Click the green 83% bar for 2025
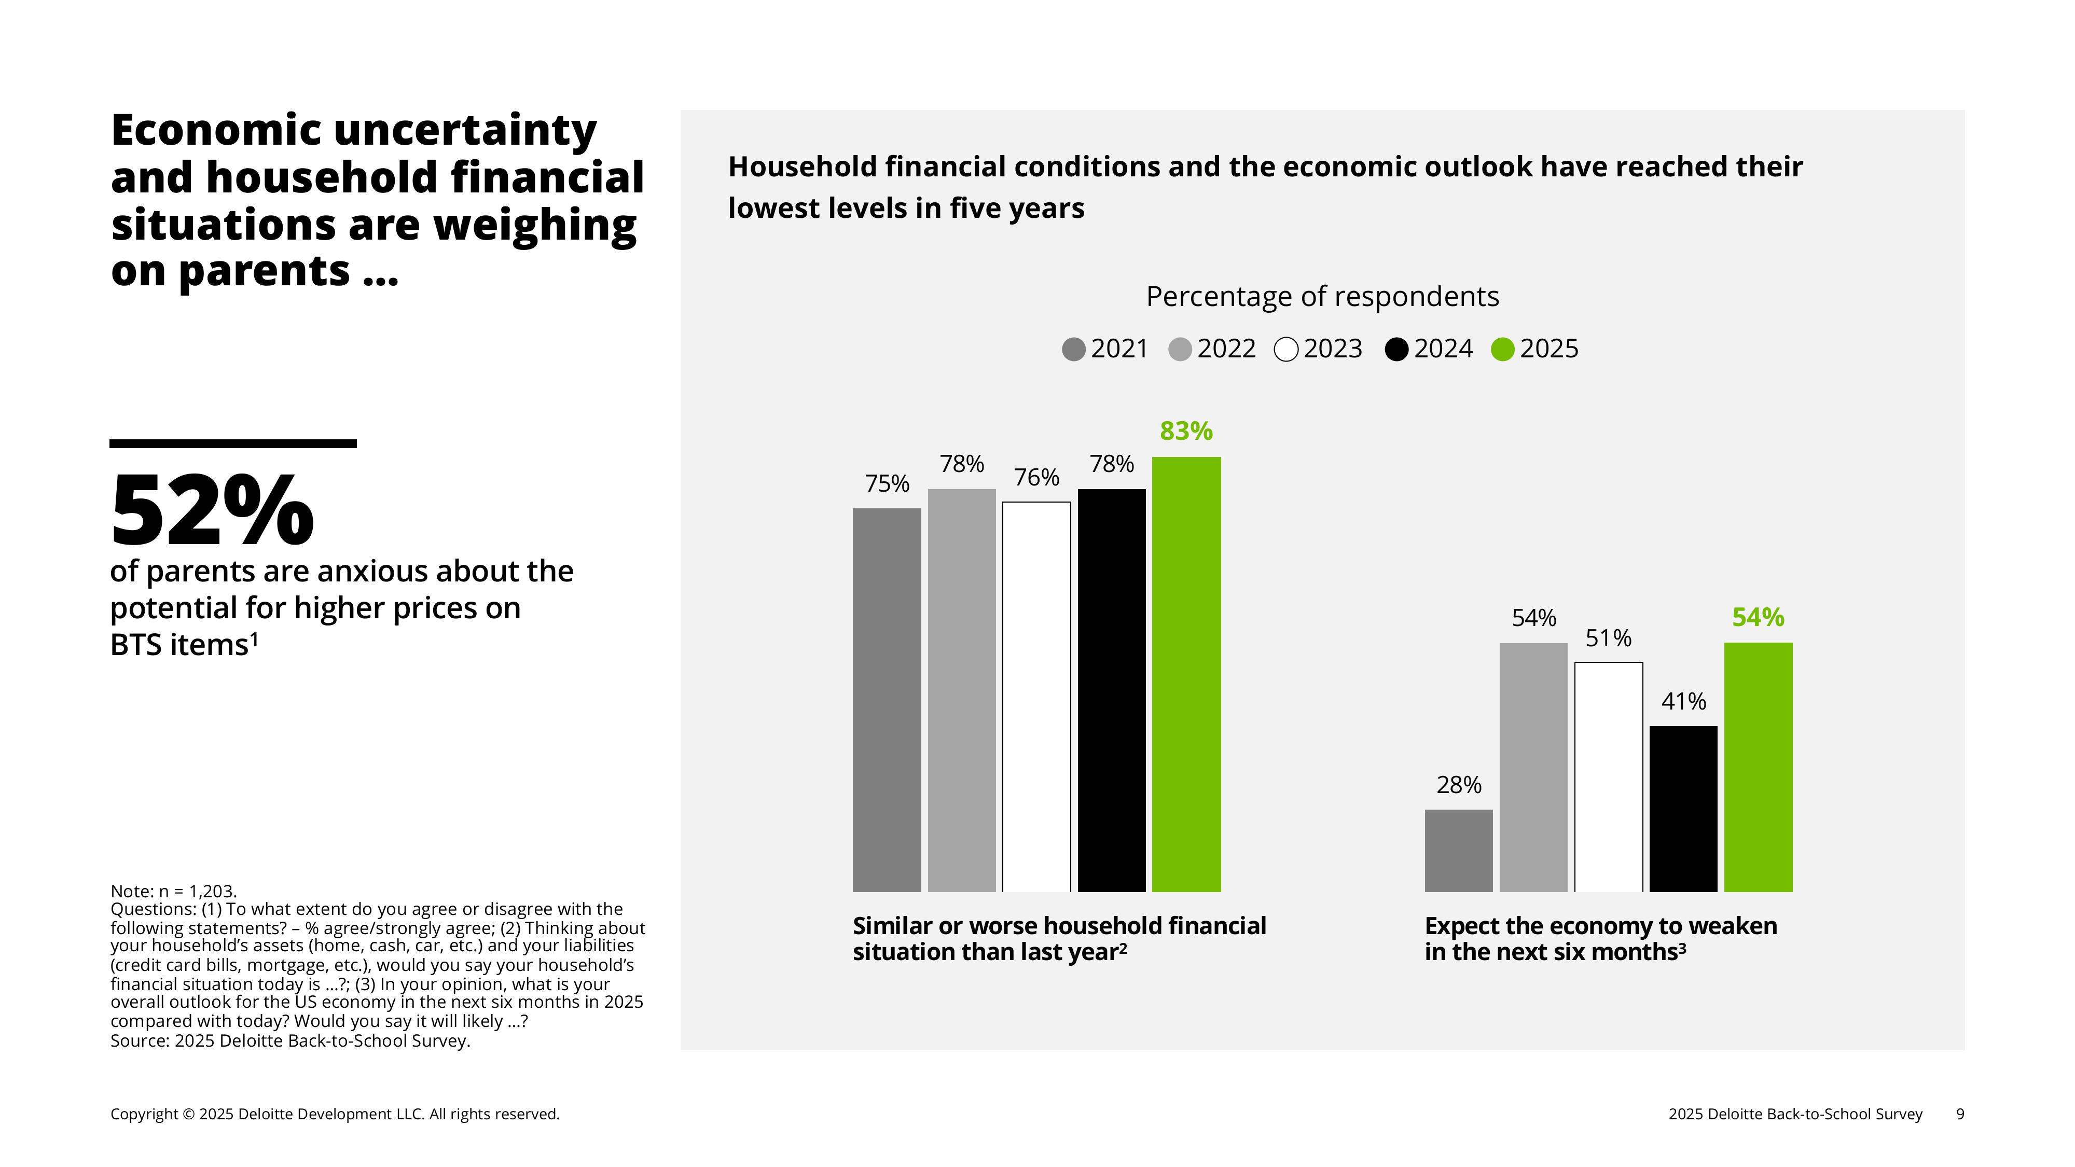(1186, 674)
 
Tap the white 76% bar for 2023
(1036, 697)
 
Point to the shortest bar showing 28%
(1458, 851)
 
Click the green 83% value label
(1186, 432)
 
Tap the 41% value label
(1683, 701)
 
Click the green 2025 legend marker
(1502, 350)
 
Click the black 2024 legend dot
(1396, 350)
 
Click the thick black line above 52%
(233, 444)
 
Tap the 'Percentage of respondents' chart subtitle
(1322, 296)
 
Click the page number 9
(1960, 1114)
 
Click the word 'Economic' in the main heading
(217, 131)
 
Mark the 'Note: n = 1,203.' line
(173, 891)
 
